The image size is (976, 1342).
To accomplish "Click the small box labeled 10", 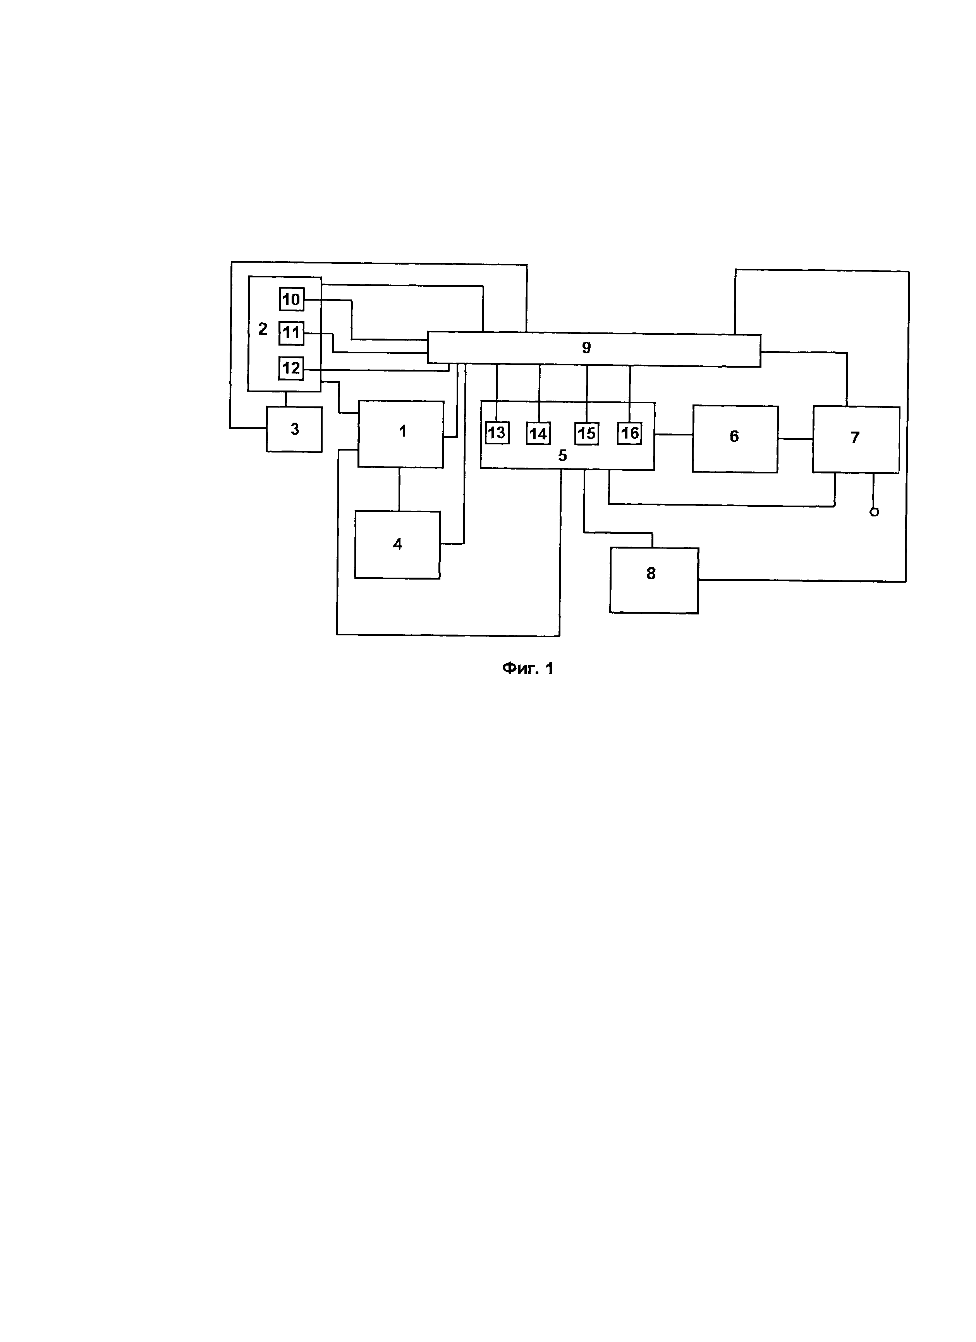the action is [291, 299].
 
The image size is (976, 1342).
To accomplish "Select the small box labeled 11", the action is [291, 332].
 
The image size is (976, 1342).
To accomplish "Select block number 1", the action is [400, 434].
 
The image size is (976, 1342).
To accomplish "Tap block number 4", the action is [397, 544].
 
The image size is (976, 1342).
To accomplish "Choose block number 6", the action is [735, 439].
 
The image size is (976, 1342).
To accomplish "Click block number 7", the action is [855, 439].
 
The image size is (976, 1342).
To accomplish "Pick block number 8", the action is [654, 580].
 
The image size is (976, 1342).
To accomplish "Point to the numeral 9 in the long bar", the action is [586, 348].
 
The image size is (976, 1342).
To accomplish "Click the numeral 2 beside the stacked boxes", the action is [263, 329].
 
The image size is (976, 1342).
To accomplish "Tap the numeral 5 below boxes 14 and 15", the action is [562, 456].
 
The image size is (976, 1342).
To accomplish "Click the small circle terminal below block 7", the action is [874, 512].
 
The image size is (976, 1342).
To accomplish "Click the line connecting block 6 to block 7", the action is [795, 439].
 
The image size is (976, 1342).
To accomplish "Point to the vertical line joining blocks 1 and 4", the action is [399, 489].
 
